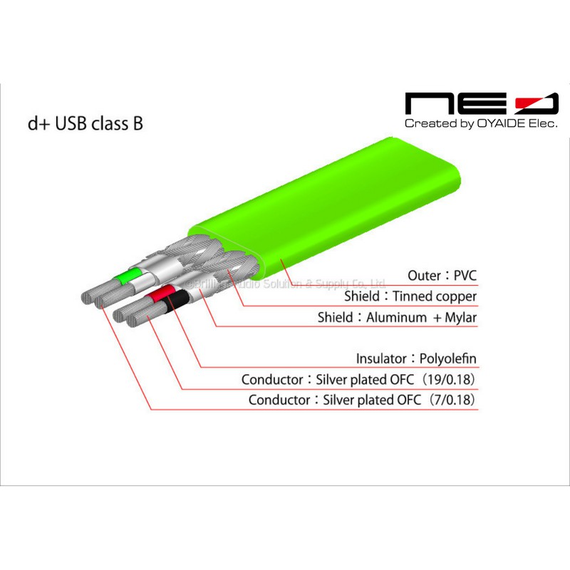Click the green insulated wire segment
[x=130, y=277]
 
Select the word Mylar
[x=460, y=317]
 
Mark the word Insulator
[x=380, y=358]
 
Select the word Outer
[x=425, y=275]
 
